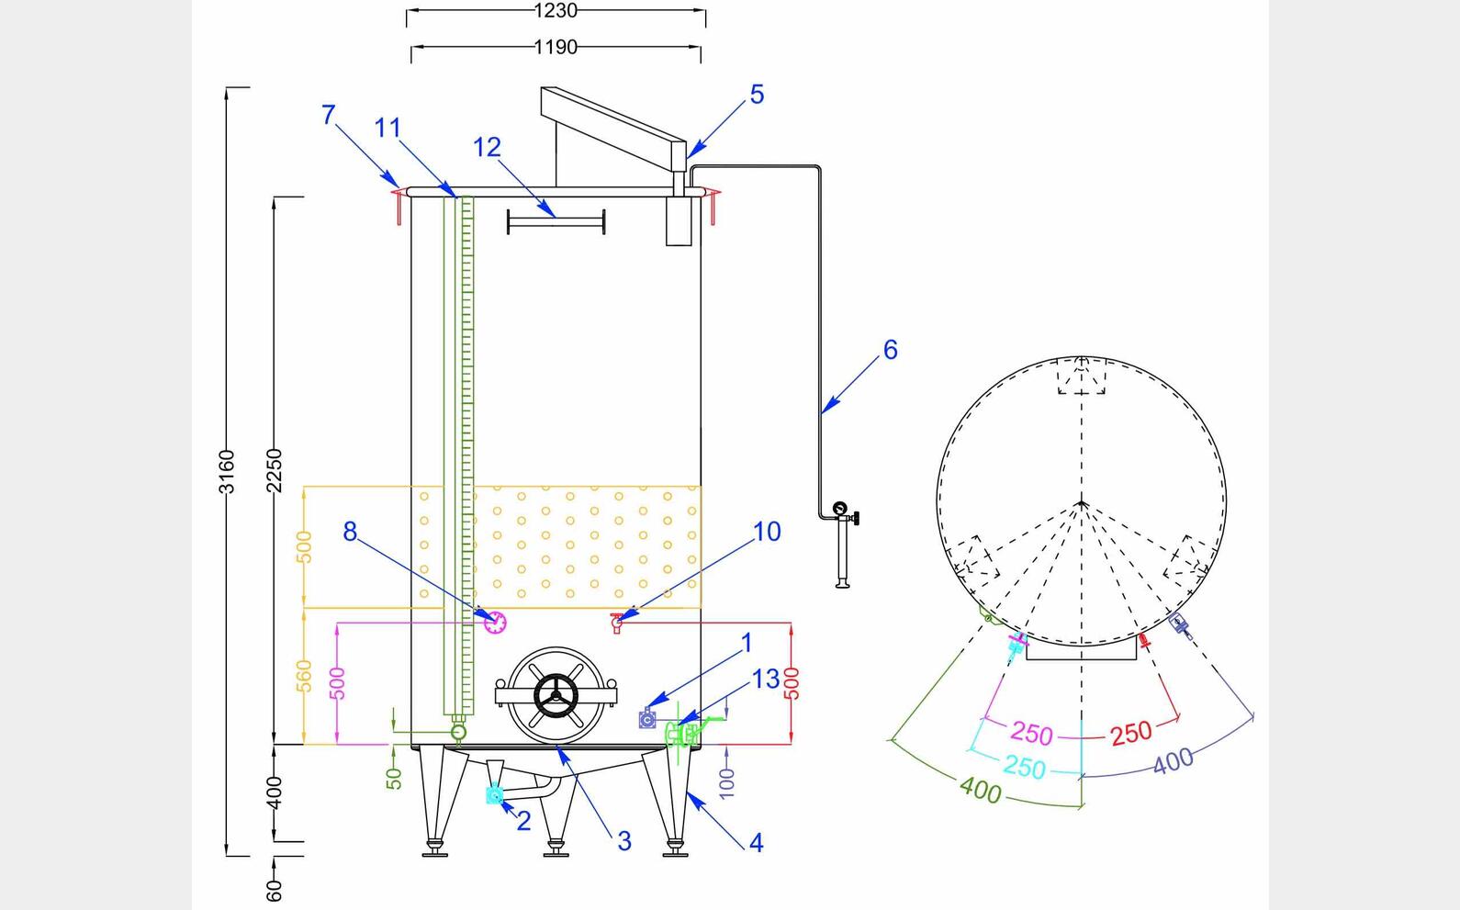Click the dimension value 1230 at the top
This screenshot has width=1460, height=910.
point(556,11)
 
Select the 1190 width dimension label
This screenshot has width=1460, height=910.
point(556,47)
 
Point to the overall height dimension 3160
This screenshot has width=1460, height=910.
point(227,471)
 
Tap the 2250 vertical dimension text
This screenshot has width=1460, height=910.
point(275,471)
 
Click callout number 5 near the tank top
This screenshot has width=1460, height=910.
point(757,95)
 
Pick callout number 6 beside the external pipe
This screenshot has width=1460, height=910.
point(890,350)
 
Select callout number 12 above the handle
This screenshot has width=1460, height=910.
point(487,148)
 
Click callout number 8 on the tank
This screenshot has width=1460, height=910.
point(350,532)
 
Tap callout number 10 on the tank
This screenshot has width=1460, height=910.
point(767,532)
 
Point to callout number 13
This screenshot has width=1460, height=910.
point(765,680)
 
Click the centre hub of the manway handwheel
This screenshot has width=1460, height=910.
point(556,695)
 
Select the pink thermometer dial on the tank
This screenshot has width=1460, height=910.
point(495,622)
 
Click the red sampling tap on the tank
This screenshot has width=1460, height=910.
point(617,624)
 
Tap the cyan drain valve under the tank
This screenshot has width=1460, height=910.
point(495,795)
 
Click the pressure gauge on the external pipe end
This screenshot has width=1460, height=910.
point(839,509)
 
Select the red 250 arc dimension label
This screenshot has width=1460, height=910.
point(1130,733)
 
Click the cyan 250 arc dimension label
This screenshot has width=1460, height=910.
point(1024,767)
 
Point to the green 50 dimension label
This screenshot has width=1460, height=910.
point(394,778)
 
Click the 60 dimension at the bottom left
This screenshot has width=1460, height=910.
point(275,890)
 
